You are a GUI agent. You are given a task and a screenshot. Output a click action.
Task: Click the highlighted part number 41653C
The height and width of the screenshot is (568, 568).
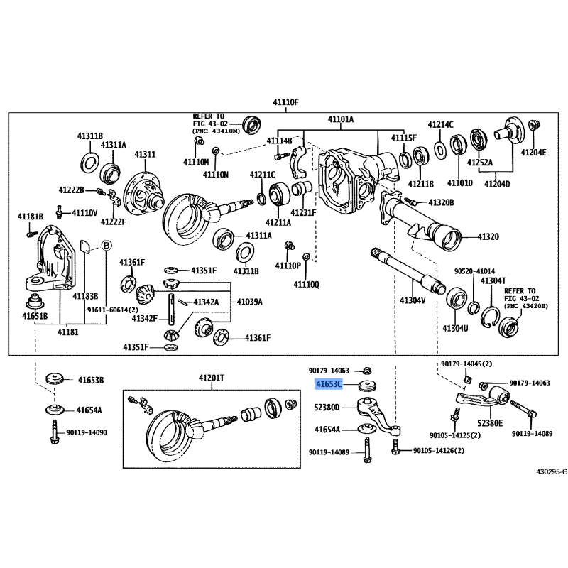[x=329, y=384]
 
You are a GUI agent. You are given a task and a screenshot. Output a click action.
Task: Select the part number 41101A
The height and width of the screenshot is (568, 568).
[x=341, y=119]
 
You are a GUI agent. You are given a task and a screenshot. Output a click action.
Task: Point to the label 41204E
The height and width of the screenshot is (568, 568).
[x=533, y=152]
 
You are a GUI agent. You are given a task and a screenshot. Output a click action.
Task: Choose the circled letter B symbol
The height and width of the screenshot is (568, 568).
[x=107, y=245]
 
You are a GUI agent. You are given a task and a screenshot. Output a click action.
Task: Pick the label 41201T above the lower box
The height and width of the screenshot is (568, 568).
[x=211, y=378]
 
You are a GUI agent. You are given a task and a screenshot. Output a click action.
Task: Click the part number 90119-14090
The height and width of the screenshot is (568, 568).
[x=87, y=432]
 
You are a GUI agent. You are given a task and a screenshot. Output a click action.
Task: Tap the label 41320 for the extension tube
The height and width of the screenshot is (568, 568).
[x=488, y=236]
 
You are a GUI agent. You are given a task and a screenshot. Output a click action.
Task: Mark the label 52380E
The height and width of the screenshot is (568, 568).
[x=491, y=422]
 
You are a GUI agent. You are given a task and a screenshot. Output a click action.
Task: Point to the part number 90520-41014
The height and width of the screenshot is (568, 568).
[x=475, y=271]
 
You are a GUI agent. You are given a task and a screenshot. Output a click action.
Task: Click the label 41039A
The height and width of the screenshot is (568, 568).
[x=250, y=302]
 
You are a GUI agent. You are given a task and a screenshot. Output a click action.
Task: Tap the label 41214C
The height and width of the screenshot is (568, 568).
[x=440, y=124]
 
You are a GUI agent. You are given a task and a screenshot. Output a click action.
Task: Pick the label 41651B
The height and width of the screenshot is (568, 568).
[x=34, y=315]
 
